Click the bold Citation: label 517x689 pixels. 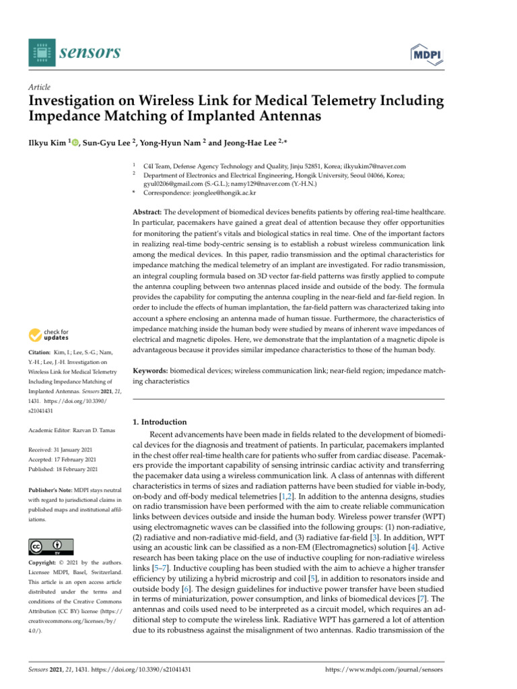tap(42, 353)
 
